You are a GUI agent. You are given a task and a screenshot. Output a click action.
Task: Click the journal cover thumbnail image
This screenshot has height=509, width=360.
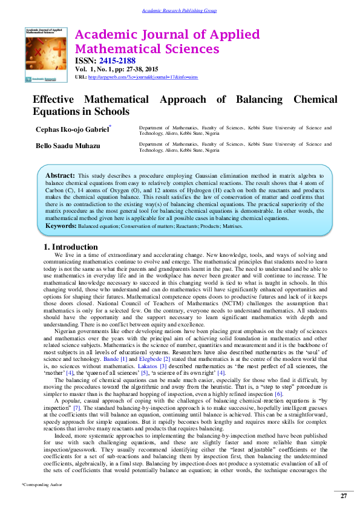(x=46, y=54)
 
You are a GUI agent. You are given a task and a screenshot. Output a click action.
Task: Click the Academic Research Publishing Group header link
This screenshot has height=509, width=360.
(x=179, y=11)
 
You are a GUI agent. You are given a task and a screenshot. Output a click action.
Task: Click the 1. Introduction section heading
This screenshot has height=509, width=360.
(x=70, y=247)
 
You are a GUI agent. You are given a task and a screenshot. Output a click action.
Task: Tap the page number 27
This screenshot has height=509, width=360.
(x=344, y=496)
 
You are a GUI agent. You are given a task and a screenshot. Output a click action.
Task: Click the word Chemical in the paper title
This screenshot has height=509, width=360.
(x=315, y=99)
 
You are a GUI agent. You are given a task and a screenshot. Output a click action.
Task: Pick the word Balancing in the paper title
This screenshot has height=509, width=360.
(x=258, y=99)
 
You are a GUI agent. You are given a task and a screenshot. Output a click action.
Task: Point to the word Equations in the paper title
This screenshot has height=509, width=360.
(x=56, y=111)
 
